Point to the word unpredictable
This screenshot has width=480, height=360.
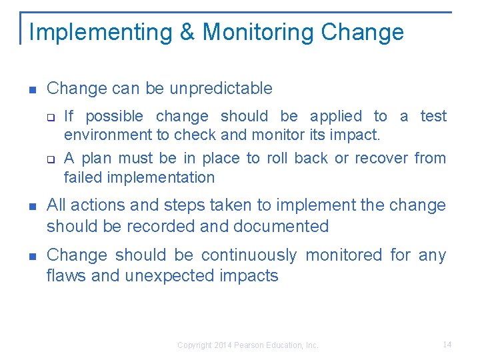tap(221, 88)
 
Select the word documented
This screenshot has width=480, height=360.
tap(281, 227)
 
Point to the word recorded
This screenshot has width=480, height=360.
tap(158, 227)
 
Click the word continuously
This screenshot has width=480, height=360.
tap(249, 255)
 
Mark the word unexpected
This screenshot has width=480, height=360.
tap(167, 276)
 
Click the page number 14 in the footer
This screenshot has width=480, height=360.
tap(447, 345)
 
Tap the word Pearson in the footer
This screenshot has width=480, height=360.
tap(251, 345)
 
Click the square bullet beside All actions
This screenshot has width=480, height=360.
tap(31, 206)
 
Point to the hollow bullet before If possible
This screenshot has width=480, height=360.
tap(50, 117)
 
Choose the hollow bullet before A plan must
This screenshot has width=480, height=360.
tap(50, 159)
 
